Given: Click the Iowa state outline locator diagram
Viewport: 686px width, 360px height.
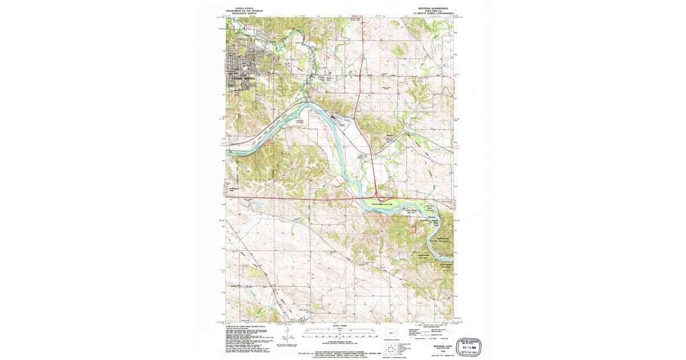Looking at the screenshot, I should click(391, 333).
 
